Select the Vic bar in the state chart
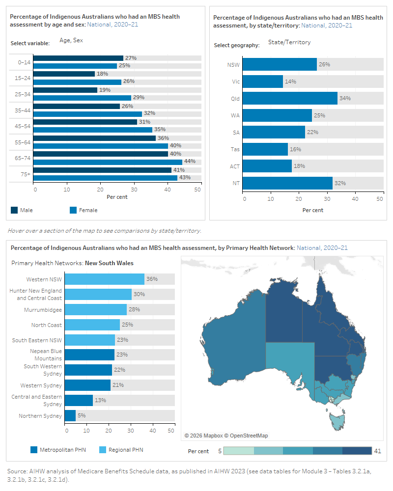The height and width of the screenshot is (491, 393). (x=263, y=82)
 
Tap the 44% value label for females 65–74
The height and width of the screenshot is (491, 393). (x=190, y=162)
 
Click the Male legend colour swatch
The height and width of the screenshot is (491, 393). (x=14, y=210)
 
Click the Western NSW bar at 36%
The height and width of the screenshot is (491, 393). (x=105, y=279)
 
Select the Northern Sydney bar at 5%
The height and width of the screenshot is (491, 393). (x=70, y=416)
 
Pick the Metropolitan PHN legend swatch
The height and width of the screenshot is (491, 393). (x=34, y=450)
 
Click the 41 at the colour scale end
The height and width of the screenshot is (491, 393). (x=378, y=451)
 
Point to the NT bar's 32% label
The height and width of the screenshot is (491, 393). (x=340, y=183)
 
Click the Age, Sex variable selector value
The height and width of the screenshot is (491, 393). (x=71, y=40)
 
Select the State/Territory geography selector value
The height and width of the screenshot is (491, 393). (x=289, y=42)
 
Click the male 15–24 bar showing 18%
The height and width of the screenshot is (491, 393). (x=64, y=74)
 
